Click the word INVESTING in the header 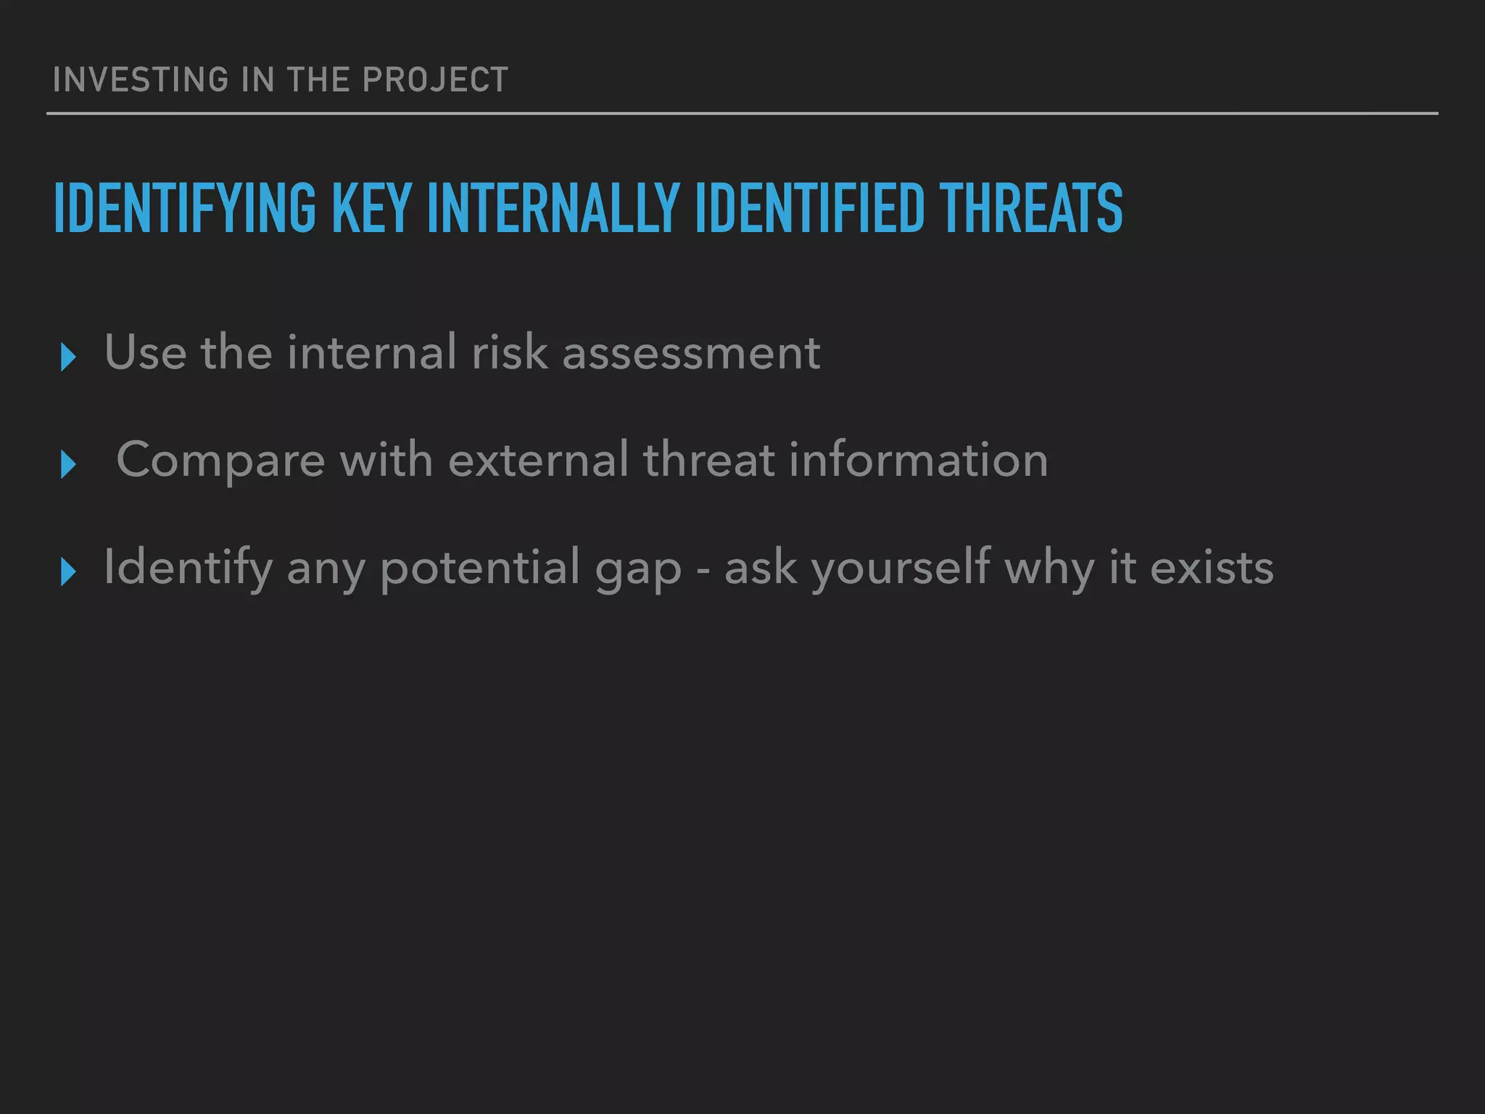[x=141, y=80]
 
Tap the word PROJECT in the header [x=435, y=80]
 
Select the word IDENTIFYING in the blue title [x=185, y=209]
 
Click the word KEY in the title [x=371, y=209]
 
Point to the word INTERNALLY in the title [x=553, y=209]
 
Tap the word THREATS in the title [x=1030, y=209]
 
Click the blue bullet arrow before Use [x=69, y=357]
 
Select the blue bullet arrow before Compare [x=69, y=464]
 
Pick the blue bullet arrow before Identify [x=69, y=572]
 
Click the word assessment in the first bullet [x=691, y=353]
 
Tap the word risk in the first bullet [x=510, y=352]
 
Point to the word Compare [x=220, y=461]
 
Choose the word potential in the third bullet [x=479, y=568]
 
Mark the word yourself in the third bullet [x=901, y=568]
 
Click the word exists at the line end [x=1212, y=568]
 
